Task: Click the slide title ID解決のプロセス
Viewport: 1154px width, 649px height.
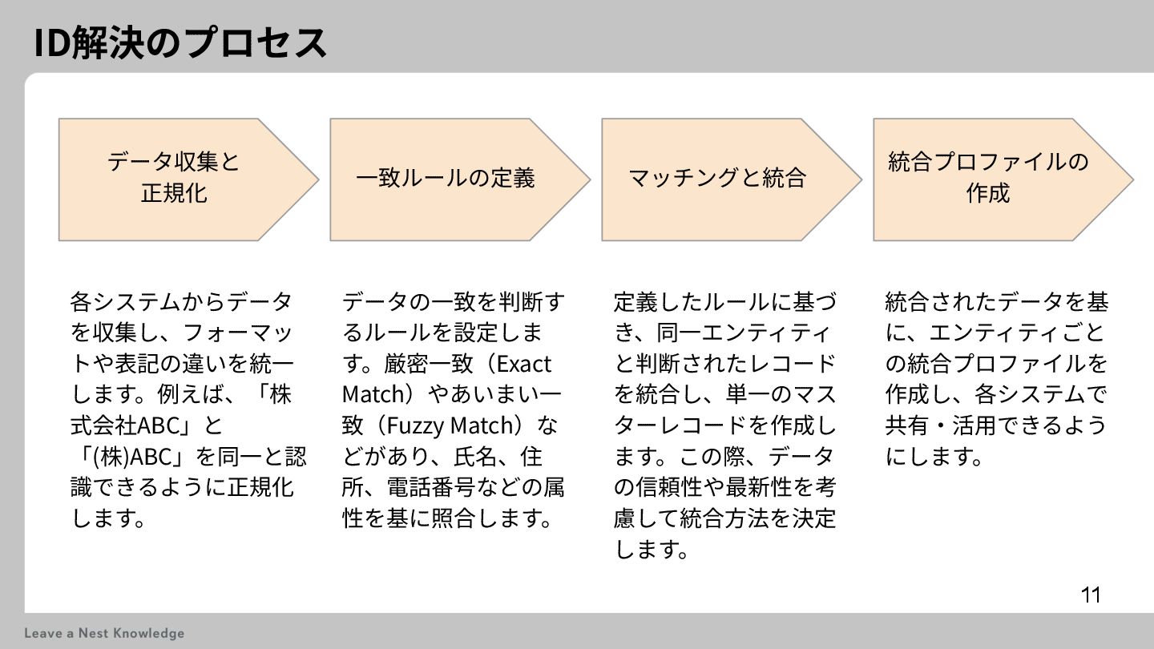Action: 180,42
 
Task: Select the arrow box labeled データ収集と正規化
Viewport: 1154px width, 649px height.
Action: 174,178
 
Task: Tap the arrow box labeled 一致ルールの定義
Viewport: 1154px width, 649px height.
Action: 445,178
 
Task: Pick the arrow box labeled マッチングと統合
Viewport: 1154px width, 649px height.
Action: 716,178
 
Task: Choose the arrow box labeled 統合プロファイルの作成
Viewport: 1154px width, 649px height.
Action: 988,178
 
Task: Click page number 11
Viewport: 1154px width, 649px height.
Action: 1091,595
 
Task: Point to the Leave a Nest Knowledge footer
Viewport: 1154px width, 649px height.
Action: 104,633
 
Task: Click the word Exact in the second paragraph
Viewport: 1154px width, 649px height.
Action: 524,364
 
